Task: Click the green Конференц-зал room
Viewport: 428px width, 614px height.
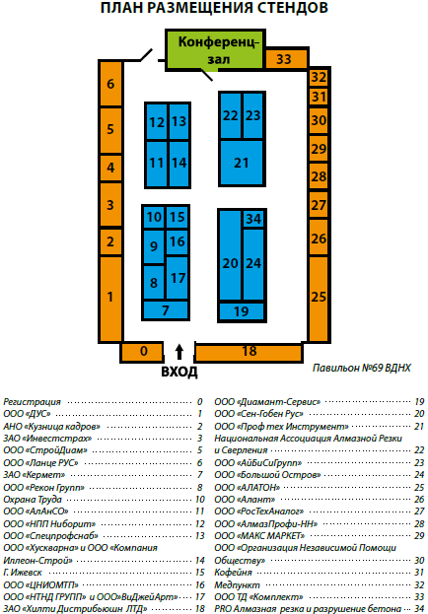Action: [215, 50]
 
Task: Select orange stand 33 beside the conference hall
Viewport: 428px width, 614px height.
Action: [285, 59]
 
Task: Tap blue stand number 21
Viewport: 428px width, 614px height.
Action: [241, 163]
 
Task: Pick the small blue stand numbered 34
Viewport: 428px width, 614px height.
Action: [253, 219]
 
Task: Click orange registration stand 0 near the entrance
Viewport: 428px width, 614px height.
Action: [142, 351]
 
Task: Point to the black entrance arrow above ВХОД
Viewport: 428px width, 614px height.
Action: [179, 352]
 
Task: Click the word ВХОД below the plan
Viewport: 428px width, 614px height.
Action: [179, 371]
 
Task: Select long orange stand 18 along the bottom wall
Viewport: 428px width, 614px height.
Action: [249, 352]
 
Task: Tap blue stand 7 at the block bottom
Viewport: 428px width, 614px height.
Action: [166, 310]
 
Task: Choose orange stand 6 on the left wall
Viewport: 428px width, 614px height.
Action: [110, 84]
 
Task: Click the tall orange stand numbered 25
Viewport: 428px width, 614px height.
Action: [318, 299]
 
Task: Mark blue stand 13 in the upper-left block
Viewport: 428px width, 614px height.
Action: [179, 121]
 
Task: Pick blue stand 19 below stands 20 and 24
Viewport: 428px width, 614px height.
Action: [241, 311]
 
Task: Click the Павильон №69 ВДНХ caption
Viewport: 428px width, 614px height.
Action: [361, 368]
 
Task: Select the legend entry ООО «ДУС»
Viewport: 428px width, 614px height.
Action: [27, 414]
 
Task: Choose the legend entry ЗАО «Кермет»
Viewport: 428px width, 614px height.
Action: [35, 475]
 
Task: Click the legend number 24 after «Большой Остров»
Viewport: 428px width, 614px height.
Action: [419, 475]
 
